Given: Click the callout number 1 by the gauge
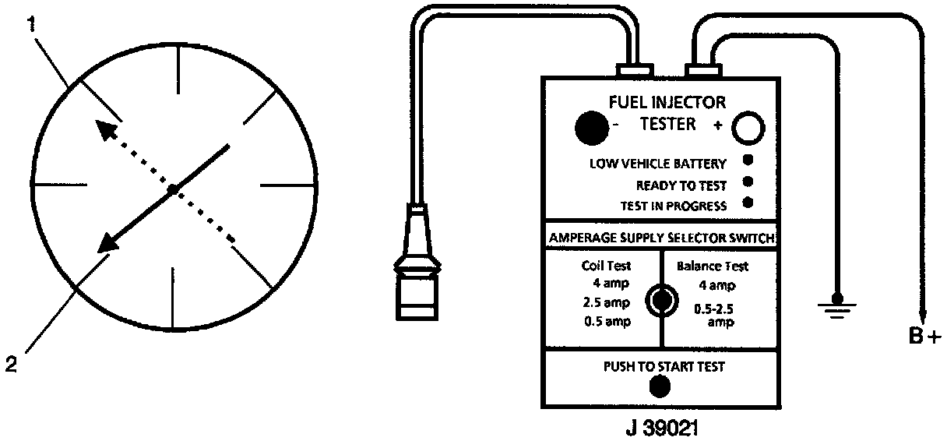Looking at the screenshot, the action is point(30,24).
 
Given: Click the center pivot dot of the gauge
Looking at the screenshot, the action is point(173,189).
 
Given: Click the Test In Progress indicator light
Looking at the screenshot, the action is point(748,203).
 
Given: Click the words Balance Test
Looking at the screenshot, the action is point(712,266).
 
